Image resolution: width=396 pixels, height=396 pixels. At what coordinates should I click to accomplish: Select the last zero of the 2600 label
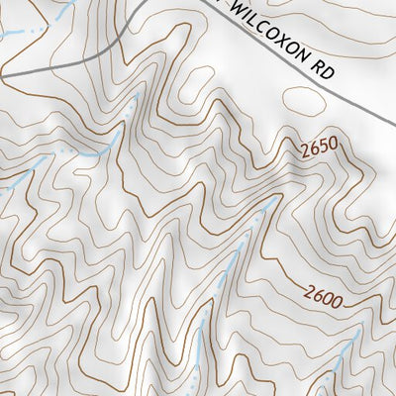[x=342, y=295]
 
